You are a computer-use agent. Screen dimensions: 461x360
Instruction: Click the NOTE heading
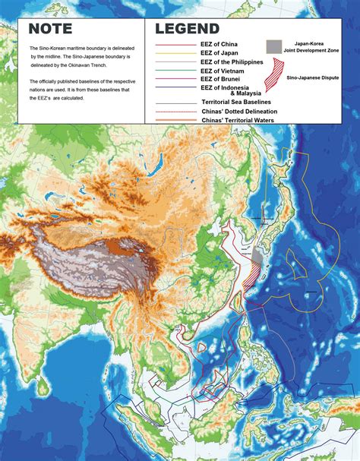50,30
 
